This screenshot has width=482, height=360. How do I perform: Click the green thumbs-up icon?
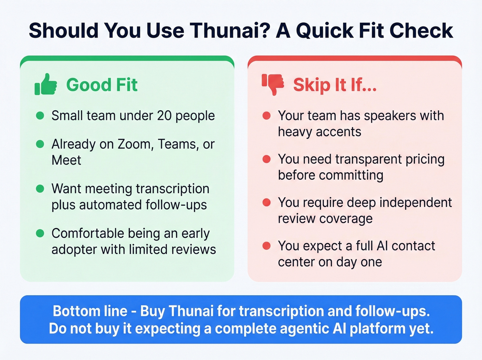(45, 84)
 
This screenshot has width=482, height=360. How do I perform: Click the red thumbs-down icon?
(273, 84)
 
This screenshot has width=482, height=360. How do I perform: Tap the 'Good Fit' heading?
(102, 85)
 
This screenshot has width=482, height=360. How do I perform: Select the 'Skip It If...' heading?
(335, 85)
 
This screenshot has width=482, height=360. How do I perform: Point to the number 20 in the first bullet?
(164, 116)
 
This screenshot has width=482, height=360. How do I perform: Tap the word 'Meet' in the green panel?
(66, 160)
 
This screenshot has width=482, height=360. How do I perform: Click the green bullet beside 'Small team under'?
(40, 115)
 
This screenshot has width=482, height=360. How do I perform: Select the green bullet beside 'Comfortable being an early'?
(40, 233)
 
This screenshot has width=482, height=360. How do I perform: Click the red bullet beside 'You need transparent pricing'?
(266, 159)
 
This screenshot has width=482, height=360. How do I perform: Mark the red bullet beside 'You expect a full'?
(266, 246)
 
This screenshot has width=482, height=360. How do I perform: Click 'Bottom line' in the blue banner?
(90, 311)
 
